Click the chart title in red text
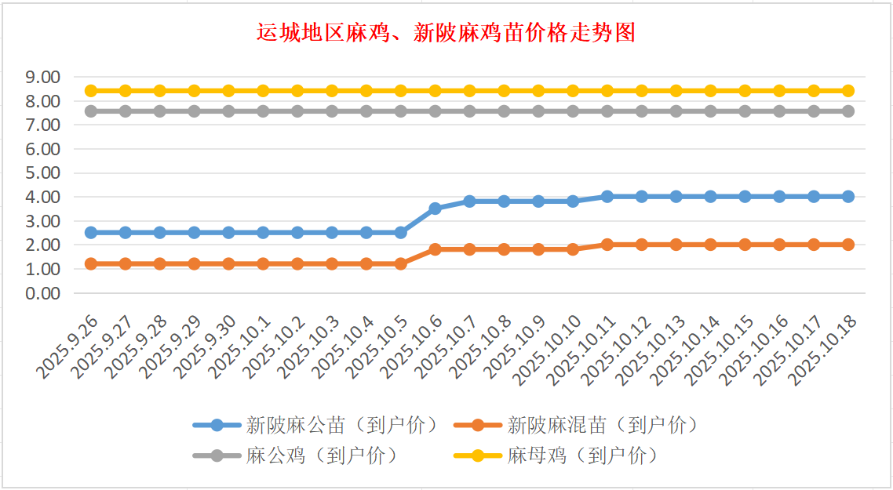click(446, 33)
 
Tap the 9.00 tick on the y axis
click(43, 77)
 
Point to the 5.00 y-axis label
click(43, 172)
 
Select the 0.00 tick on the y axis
click(43, 292)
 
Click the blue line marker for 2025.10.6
click(435, 209)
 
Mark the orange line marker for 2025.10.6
click(435, 249)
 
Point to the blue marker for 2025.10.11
click(607, 197)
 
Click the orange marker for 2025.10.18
click(848, 245)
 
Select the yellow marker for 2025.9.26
click(91, 91)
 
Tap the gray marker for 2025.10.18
click(848, 111)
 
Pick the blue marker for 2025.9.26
click(91, 233)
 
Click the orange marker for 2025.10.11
click(607, 245)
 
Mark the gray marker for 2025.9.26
click(91, 111)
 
